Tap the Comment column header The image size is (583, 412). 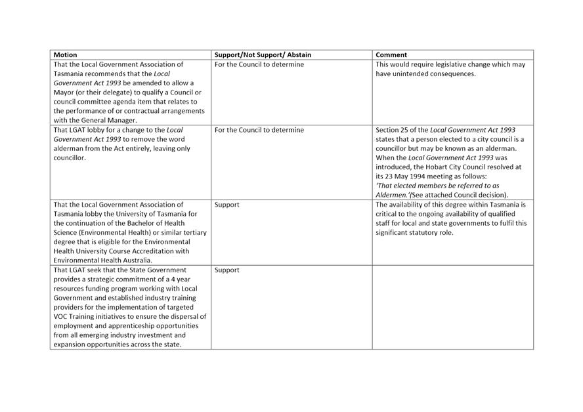pyautogui.click(x=391, y=55)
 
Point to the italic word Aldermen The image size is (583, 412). pyautogui.click(x=393, y=195)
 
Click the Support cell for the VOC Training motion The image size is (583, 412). pyautogui.click(x=227, y=270)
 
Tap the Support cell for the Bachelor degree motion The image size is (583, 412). pyautogui.click(x=227, y=205)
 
